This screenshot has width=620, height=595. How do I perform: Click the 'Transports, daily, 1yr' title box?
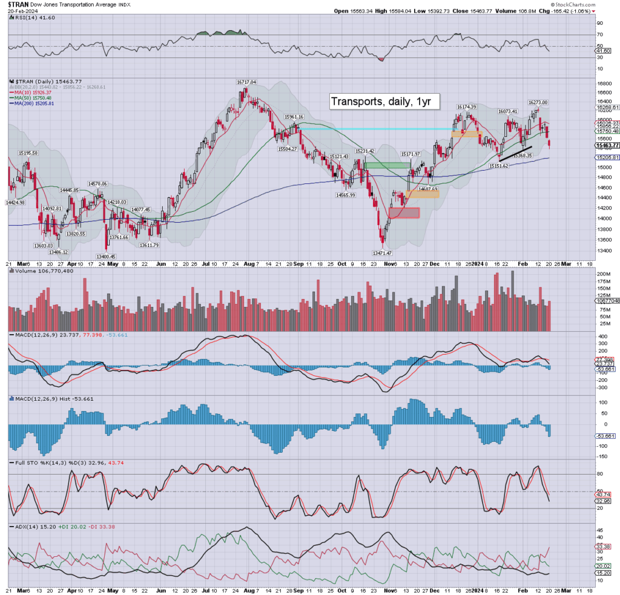click(380, 101)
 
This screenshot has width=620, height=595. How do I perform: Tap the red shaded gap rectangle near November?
click(401, 213)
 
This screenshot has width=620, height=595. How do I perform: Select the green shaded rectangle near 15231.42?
click(387, 165)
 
